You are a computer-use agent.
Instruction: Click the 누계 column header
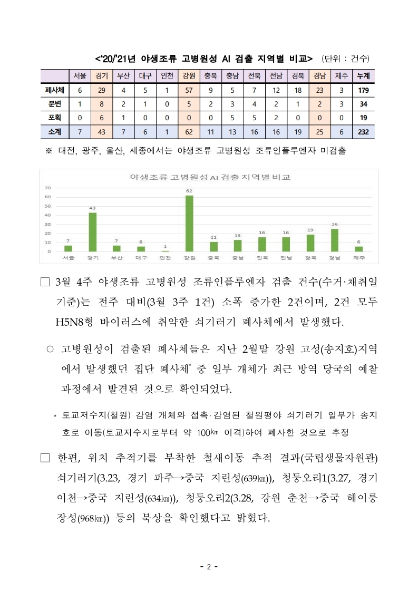click(x=363, y=76)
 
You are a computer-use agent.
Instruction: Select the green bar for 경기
click(x=92, y=232)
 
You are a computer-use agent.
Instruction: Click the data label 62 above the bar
click(x=189, y=190)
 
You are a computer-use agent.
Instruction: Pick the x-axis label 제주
click(x=359, y=258)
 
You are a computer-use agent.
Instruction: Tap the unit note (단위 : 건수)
click(x=345, y=58)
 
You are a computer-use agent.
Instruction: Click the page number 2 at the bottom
click(x=209, y=567)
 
